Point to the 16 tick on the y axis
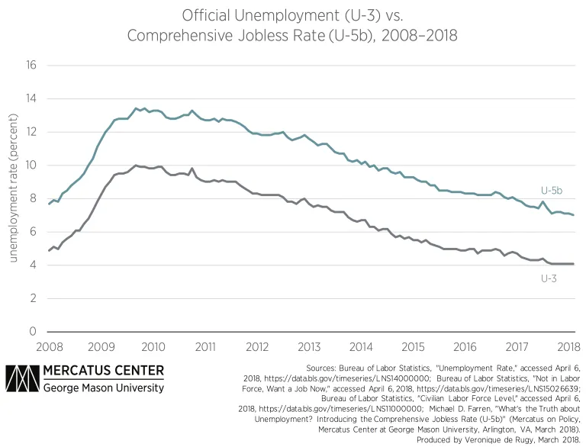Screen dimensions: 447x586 (x=31, y=65)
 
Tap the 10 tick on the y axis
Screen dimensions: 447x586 (x=31, y=165)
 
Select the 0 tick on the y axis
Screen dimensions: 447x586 (x=34, y=332)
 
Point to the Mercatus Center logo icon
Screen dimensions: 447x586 (x=24, y=379)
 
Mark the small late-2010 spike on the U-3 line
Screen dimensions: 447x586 (x=192, y=169)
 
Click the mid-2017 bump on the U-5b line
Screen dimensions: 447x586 (x=543, y=202)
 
